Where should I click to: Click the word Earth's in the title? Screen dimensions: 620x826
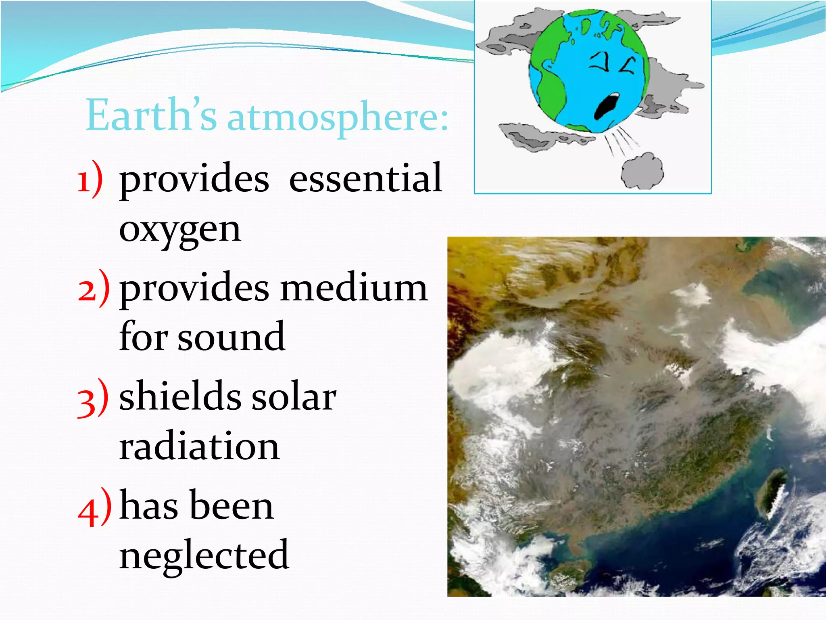point(151,116)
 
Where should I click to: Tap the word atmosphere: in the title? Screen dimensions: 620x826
point(338,118)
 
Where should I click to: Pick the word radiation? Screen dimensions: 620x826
point(199,446)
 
